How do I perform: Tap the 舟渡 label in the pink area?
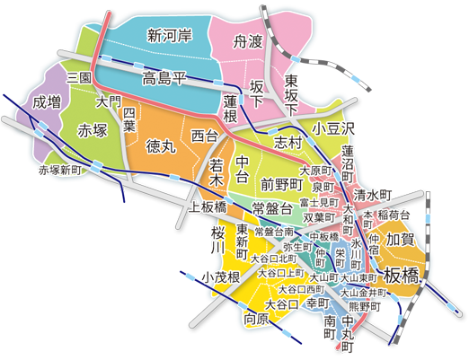click(x=248, y=41)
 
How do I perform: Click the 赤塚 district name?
click(x=93, y=128)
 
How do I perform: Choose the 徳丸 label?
click(x=163, y=145)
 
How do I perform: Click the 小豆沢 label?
click(x=334, y=129)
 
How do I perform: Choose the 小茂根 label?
click(x=220, y=276)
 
